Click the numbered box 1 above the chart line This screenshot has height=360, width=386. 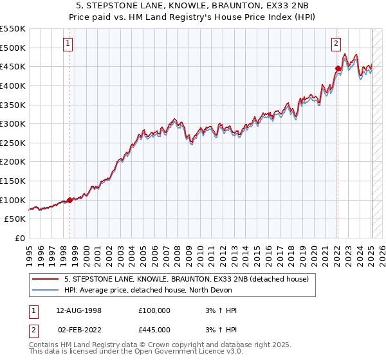point(68,44)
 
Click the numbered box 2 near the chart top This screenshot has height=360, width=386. point(336,44)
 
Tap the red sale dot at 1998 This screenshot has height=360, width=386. point(69,200)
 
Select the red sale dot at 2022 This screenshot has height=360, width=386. point(338,68)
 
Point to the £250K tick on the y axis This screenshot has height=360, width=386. point(13,143)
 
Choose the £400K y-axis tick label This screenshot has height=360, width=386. point(13,85)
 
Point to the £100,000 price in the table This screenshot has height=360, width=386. point(154,310)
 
